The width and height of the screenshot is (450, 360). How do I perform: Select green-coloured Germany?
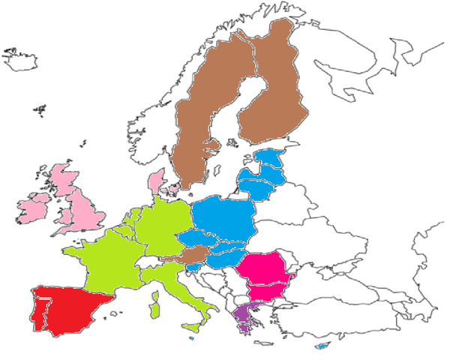[161, 225]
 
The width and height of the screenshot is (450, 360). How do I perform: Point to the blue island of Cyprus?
[323, 346]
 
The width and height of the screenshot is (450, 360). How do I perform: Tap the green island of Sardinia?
[156, 308]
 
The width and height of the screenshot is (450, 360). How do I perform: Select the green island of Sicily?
[193, 327]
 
